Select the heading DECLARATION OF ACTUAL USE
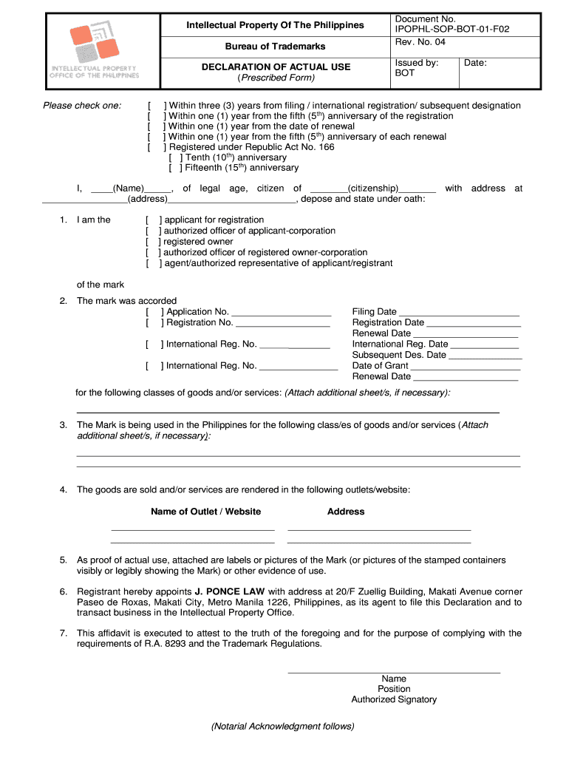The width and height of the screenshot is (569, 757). [x=276, y=67]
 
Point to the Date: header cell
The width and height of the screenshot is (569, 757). [x=475, y=63]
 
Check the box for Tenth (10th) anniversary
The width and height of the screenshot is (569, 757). [x=176, y=157]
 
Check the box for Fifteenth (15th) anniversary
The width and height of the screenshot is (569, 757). [x=176, y=168]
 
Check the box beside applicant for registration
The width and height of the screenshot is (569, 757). [x=154, y=220]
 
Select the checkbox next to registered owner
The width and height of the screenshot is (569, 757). [x=154, y=242]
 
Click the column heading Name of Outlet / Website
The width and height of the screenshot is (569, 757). [x=205, y=512]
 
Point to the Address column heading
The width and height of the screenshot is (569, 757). [x=346, y=512]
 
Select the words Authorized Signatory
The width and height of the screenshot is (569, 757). [x=394, y=699]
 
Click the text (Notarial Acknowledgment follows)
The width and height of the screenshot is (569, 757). [x=282, y=726]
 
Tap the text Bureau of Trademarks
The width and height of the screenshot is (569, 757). [x=275, y=47]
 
